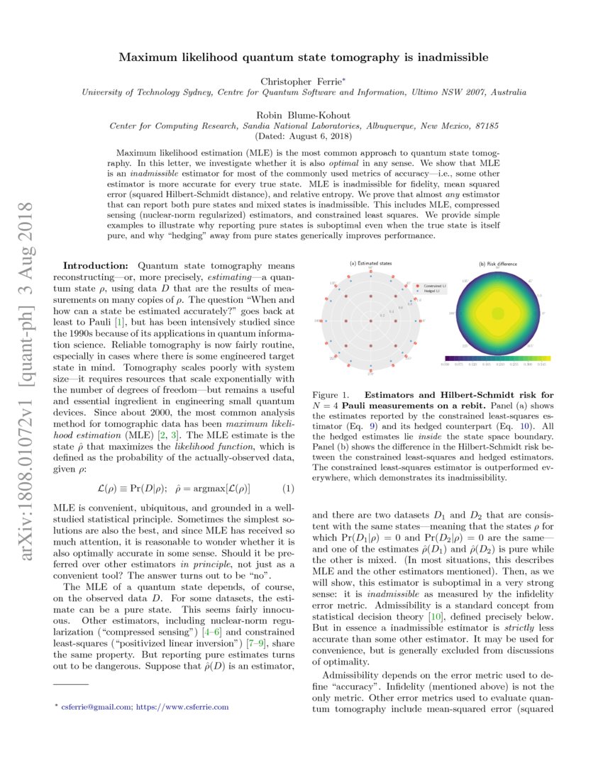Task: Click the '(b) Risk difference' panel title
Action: coord(498,264)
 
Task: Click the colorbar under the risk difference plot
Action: coord(497,359)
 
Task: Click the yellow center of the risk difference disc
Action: coord(497,312)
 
